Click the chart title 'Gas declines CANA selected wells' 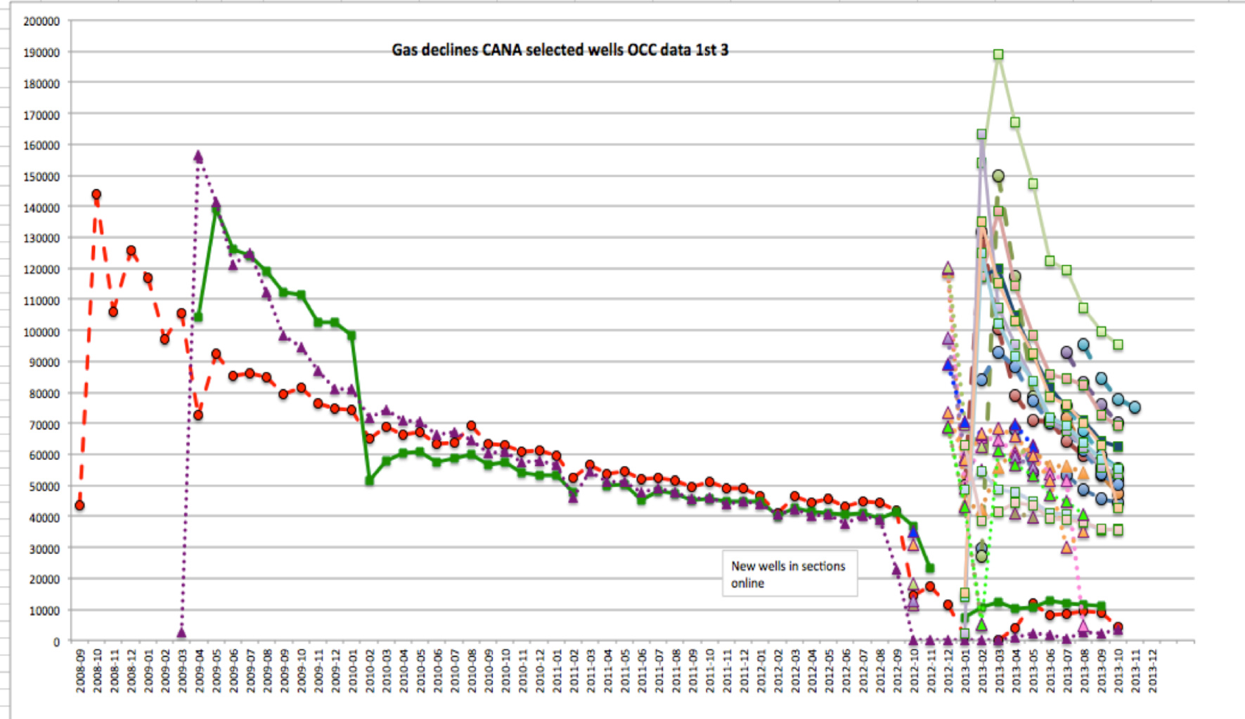coord(560,50)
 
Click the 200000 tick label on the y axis coord(41,21)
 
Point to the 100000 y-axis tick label coord(41,331)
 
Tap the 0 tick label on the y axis coord(56,642)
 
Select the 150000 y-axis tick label coord(41,176)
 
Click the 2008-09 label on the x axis coord(80,671)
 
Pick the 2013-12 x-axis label coord(1153,671)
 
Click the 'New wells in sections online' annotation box coord(789,574)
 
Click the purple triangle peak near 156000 coord(198,156)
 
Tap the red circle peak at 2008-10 coord(96,195)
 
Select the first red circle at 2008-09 coord(79,505)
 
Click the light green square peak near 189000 coord(998,54)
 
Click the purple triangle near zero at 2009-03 coord(181,633)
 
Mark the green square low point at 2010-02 coord(369,481)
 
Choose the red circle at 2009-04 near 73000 coord(198,415)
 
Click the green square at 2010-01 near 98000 coord(351,336)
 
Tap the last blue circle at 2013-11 coord(1135,407)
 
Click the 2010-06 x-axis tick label coord(437,671)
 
